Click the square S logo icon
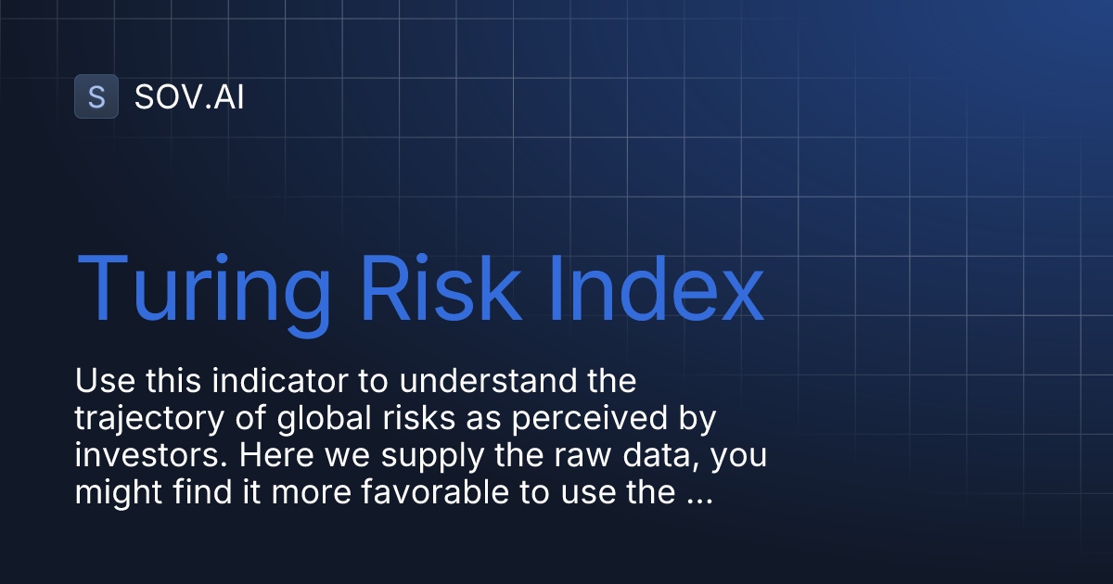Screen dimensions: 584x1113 (96, 96)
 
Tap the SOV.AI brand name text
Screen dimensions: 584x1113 (189, 97)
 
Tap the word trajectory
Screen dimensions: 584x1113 (144, 419)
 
